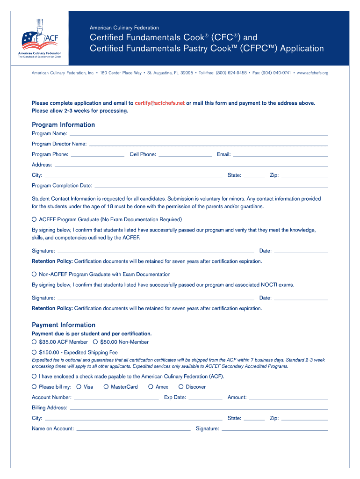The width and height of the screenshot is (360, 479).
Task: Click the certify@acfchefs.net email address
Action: coord(159,103)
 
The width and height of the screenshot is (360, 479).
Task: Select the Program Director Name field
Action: coord(208,144)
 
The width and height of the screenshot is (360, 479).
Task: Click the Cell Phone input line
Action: coord(185,154)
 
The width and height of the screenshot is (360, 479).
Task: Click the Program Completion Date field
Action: coord(211,186)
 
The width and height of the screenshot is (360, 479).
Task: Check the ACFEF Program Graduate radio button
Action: coord(34,219)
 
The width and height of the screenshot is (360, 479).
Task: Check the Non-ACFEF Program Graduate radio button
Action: coord(34,274)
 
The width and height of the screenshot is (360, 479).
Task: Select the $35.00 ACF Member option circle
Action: coord(34,342)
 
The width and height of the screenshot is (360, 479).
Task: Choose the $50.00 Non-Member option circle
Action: coord(95,342)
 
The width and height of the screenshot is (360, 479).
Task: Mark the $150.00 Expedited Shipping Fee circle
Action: coord(34,352)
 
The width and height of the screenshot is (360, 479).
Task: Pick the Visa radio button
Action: coord(79,387)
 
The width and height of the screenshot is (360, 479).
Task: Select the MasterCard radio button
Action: coord(106,387)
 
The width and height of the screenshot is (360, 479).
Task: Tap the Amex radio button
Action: coord(151,387)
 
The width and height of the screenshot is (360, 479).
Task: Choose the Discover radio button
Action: coord(181,387)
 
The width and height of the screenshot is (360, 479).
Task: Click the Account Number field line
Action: coord(116,398)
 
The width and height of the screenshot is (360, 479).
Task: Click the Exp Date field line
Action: coord(205,398)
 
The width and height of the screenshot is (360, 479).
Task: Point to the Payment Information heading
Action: coord(64,325)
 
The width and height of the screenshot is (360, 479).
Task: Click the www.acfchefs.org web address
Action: coord(312,73)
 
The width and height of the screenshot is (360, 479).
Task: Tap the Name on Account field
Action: coord(133,429)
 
